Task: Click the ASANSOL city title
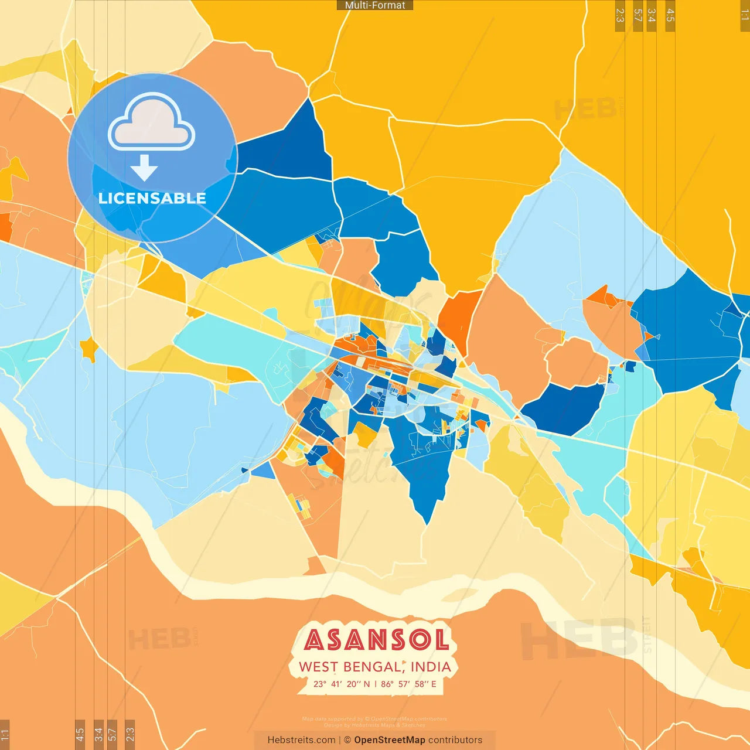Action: (x=376, y=640)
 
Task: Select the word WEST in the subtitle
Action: (x=318, y=667)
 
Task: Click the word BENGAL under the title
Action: (x=373, y=667)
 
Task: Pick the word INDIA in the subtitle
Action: (x=431, y=667)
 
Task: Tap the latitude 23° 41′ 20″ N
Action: (x=342, y=684)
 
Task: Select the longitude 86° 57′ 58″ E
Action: (x=408, y=684)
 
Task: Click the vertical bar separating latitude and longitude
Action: (x=376, y=684)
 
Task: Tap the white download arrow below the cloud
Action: (x=144, y=168)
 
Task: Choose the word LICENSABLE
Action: (x=152, y=198)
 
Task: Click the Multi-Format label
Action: (x=375, y=5)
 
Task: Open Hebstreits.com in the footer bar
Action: (x=301, y=740)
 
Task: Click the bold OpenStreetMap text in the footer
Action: (x=389, y=740)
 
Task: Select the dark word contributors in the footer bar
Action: (x=455, y=740)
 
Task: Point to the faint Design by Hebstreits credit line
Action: (x=375, y=725)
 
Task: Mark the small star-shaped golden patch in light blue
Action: (x=89, y=349)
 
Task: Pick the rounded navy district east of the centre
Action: (x=562, y=407)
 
